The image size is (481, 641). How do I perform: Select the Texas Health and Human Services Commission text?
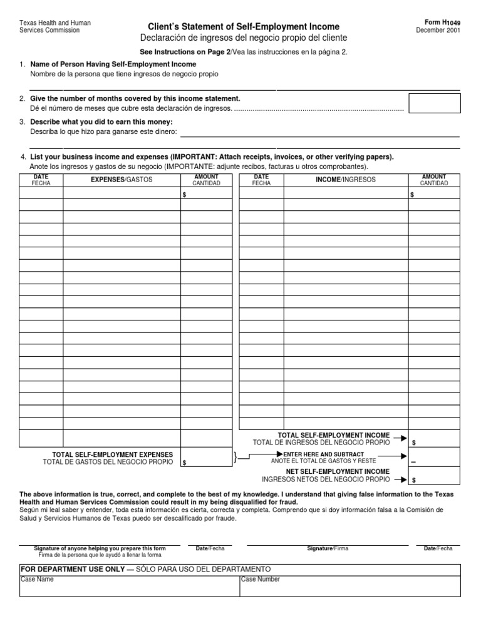pos(55,26)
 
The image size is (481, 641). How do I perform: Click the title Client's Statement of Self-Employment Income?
pos(244,27)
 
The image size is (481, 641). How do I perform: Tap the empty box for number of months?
pos(434,103)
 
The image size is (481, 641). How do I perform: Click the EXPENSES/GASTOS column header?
pos(122,180)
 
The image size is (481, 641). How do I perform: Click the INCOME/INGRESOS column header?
pos(346,180)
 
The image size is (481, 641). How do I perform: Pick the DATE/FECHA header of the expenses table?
pos(41,180)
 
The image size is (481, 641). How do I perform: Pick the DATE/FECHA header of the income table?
pos(261,180)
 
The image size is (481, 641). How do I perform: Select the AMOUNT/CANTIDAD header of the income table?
pos(434,180)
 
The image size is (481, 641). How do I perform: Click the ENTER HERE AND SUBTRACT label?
pos(323,454)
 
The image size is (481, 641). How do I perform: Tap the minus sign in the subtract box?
pos(413,462)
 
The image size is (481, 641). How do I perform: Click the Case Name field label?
pos(37,580)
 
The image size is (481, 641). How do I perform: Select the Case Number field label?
pos(260,580)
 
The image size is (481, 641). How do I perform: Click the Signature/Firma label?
pos(328,548)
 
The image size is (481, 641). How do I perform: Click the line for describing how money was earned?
pos(319,133)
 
